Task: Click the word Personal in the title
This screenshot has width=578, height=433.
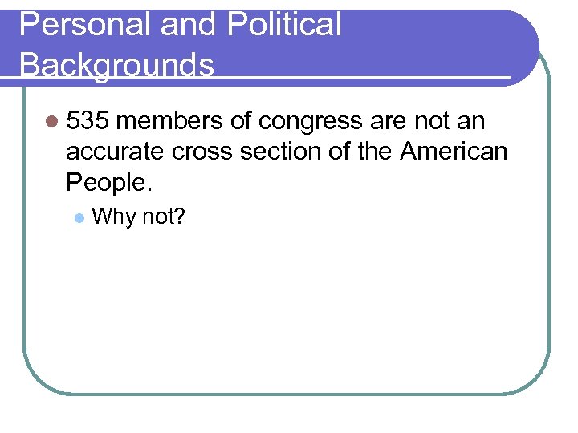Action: click(x=85, y=25)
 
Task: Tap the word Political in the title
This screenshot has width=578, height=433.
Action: click(x=284, y=25)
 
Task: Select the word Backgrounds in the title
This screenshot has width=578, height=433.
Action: click(x=116, y=63)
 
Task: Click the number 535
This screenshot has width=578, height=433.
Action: click(x=91, y=121)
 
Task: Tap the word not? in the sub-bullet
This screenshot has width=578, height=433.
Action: click(x=164, y=216)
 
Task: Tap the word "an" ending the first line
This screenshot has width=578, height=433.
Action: click(x=470, y=121)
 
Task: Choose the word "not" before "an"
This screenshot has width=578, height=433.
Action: click(x=431, y=121)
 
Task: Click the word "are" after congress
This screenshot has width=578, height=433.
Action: click(x=389, y=121)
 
